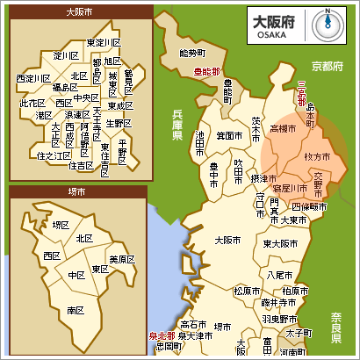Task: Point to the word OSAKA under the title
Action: [268, 35]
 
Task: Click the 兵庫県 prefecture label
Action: [176, 125]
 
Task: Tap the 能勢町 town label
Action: [191, 53]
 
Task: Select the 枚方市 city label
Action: [316, 155]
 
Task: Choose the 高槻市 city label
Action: [284, 128]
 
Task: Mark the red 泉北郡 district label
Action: [161, 335]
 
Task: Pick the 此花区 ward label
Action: [32, 103]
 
